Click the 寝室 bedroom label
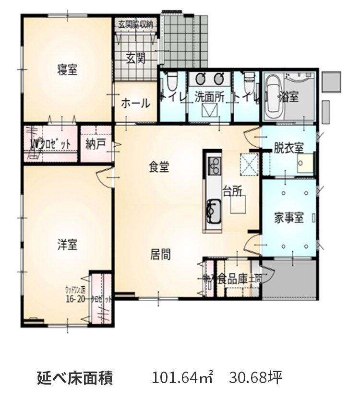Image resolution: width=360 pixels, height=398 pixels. [67, 70]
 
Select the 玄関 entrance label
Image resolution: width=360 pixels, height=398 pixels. [136, 59]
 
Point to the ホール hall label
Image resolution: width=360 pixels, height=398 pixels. [135, 103]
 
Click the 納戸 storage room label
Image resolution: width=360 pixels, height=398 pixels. [96, 144]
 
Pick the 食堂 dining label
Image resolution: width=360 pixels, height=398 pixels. [158, 167]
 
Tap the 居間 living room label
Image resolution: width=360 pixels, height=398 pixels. [160, 254]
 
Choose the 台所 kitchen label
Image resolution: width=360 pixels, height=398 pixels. [232, 191]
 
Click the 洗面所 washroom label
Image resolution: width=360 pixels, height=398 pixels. [209, 96]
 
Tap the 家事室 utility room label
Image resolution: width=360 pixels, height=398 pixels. [289, 218]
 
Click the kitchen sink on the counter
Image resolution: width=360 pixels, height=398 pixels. [213, 210]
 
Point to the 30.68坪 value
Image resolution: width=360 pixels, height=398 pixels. [255, 377]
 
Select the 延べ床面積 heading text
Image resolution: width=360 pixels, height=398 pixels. [74, 377]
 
